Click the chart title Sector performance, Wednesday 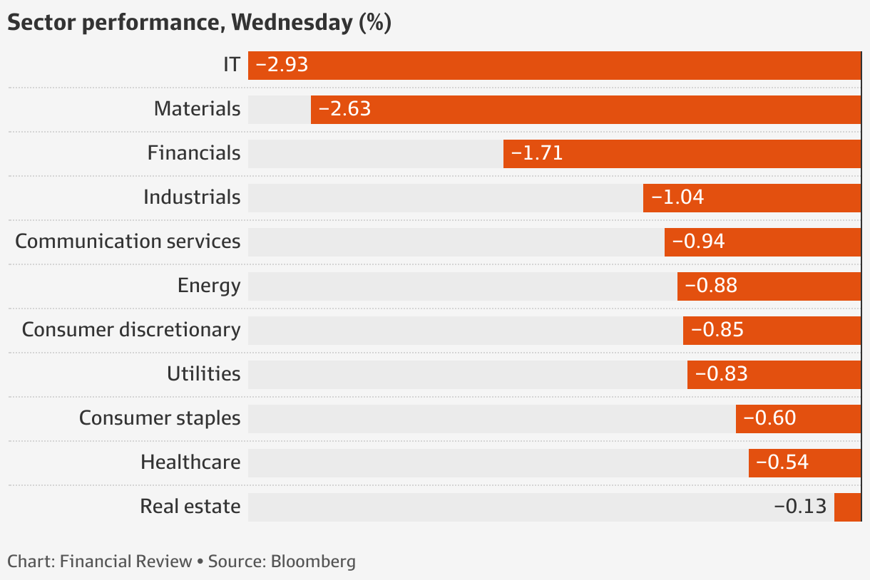pos(199,22)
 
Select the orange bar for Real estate pos(847,507)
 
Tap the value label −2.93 pos(281,65)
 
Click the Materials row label pos(197,109)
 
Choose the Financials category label pos(194,153)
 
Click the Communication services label pos(128,242)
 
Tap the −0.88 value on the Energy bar pos(711,286)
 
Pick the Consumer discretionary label pos(131,330)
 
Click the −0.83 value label pos(721,374)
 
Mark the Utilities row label pos(204,374)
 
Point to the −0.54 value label pos(782,462)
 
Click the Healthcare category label pos(190,462)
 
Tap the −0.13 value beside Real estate pos(800,507)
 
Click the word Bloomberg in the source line pos(313,561)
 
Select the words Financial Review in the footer pos(126,561)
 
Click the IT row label pos(231,65)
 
